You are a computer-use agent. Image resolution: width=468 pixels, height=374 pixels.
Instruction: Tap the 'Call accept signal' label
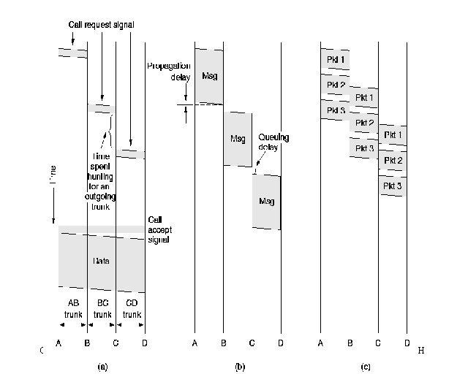click(x=159, y=229)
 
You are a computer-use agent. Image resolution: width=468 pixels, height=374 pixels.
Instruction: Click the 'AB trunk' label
click(x=72, y=308)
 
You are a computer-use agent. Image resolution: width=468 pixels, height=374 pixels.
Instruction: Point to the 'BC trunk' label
click(x=102, y=308)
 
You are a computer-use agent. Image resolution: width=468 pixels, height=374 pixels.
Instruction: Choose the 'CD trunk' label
click(x=132, y=308)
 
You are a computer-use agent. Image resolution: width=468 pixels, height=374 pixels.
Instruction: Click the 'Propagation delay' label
click(x=169, y=70)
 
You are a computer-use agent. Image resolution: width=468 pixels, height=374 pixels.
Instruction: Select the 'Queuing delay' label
click(x=273, y=141)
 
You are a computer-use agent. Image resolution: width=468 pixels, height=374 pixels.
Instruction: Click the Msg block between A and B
click(x=208, y=75)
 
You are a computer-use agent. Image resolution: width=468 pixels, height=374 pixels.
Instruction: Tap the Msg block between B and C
click(x=238, y=139)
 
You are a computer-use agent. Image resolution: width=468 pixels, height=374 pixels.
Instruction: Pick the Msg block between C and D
click(x=267, y=201)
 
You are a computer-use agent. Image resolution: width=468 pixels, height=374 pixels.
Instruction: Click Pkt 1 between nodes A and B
click(x=335, y=58)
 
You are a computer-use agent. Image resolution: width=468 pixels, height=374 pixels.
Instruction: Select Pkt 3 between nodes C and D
click(x=393, y=187)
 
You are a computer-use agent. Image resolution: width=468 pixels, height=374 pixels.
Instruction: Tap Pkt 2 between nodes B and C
click(x=364, y=123)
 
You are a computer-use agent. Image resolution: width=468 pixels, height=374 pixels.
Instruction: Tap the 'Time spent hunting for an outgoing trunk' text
click(x=101, y=181)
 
